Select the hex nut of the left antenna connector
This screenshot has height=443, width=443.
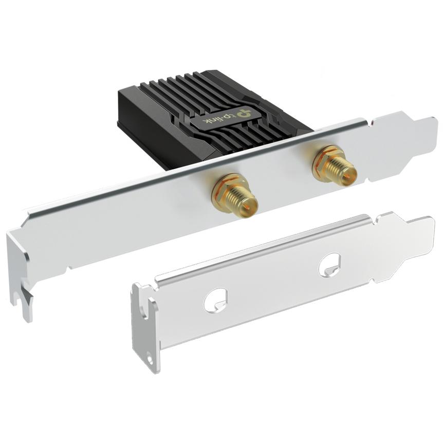[x=226, y=188]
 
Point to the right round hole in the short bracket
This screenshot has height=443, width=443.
[x=329, y=265]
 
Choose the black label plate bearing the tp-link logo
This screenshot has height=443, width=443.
[x=226, y=118]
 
